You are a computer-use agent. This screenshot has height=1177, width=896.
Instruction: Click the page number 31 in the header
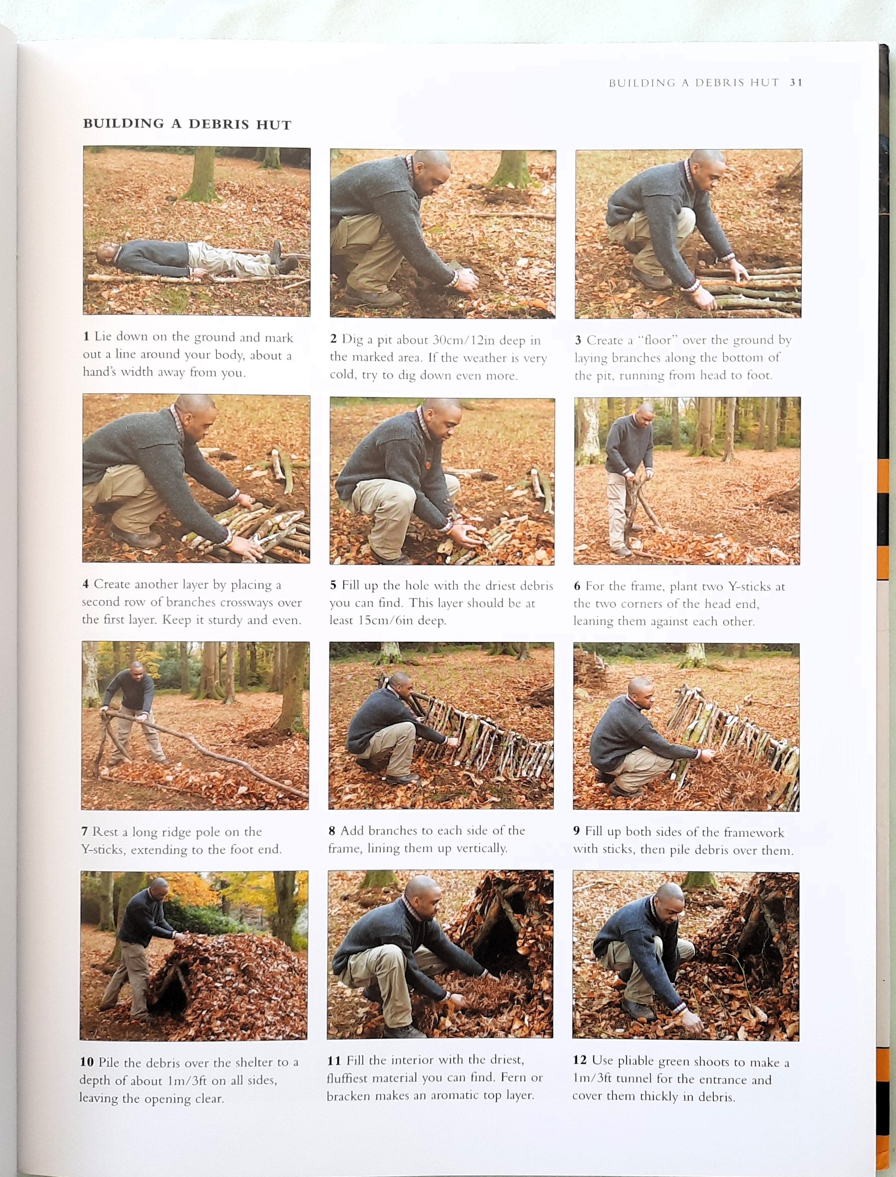tap(796, 83)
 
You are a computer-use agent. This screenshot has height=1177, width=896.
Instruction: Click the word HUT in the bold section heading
tap(273, 125)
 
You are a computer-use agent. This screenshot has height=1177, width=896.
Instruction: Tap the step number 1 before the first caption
tap(86, 337)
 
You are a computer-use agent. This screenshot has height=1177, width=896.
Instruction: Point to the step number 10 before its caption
tap(87, 1062)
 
